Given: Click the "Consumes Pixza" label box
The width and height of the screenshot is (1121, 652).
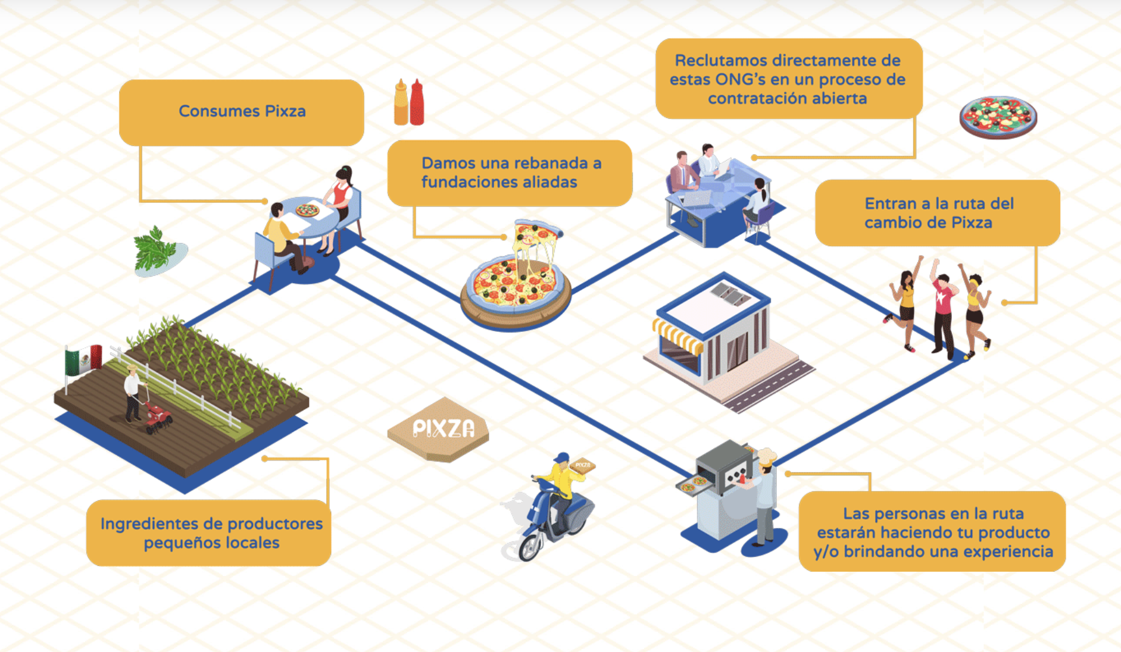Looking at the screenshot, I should pyautogui.click(x=242, y=112).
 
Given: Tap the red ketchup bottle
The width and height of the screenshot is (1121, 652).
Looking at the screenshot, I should pyautogui.click(x=417, y=104).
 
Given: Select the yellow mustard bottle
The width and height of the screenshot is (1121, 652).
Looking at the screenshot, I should pyautogui.click(x=401, y=104).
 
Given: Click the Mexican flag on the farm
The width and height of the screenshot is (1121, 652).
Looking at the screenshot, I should pyautogui.click(x=84, y=359).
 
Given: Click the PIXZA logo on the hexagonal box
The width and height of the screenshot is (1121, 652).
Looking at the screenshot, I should pyautogui.click(x=444, y=428).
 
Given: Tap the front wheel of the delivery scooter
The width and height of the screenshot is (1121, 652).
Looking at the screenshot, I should pyautogui.click(x=529, y=547).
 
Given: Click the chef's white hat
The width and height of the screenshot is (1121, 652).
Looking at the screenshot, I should pyautogui.click(x=766, y=456).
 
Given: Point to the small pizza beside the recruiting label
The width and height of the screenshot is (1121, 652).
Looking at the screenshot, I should pyautogui.click(x=998, y=117).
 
